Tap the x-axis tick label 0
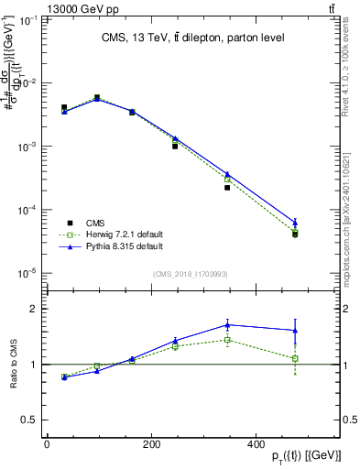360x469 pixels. [47, 443]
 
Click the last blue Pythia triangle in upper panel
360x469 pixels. [295, 222]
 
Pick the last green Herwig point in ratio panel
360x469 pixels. [295, 358]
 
